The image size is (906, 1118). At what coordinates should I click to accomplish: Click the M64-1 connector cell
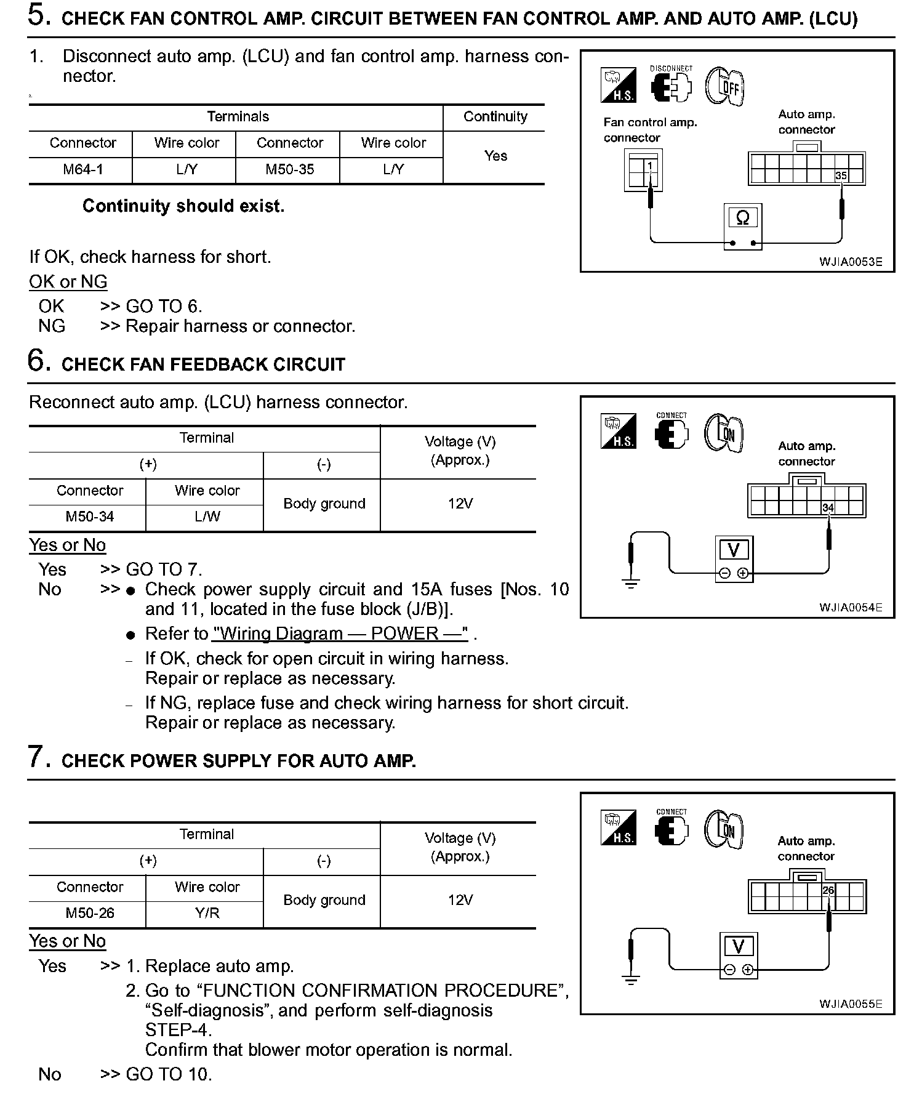[x=82, y=169]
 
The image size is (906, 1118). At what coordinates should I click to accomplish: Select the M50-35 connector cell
[x=289, y=169]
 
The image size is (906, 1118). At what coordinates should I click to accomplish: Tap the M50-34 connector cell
[x=90, y=517]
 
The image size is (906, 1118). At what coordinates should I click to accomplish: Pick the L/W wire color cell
[x=207, y=517]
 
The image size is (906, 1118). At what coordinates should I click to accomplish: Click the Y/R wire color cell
[x=207, y=913]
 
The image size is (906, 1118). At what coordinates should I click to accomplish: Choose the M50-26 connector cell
[x=90, y=913]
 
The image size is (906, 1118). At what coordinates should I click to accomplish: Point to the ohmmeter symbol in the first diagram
[x=743, y=219]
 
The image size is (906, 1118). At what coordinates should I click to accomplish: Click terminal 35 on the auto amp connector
[x=841, y=176]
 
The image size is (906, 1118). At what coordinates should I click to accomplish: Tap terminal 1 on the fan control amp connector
[x=650, y=166]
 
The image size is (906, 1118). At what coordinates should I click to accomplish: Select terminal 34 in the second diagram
[x=828, y=508]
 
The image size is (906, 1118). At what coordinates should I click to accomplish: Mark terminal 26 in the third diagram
[x=828, y=890]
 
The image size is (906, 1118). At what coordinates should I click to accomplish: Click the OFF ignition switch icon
[x=726, y=86]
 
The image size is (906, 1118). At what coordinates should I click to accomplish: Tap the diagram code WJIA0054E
[x=850, y=607]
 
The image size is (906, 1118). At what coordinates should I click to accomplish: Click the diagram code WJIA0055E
[x=850, y=1003]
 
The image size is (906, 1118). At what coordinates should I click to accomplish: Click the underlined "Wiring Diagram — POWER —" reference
[x=340, y=633]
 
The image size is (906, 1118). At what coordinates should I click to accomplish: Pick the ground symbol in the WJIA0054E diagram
[x=631, y=584]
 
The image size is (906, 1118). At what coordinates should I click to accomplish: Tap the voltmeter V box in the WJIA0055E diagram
[x=739, y=947]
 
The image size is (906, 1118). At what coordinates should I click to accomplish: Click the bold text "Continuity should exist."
[x=183, y=206]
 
